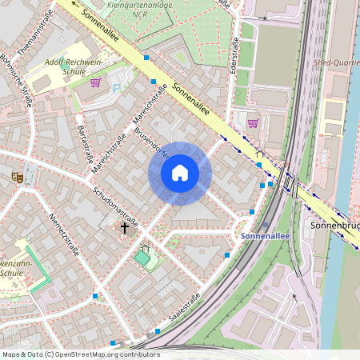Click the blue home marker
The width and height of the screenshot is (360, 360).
coord(180,173)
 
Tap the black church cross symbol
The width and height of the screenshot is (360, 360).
coord(125,228)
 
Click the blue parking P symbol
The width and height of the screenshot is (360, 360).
coord(117,88)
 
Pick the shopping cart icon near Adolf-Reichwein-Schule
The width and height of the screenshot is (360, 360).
coord(95,82)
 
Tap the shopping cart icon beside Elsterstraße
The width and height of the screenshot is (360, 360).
coord(254,122)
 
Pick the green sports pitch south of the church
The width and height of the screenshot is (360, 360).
coord(143,258)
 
